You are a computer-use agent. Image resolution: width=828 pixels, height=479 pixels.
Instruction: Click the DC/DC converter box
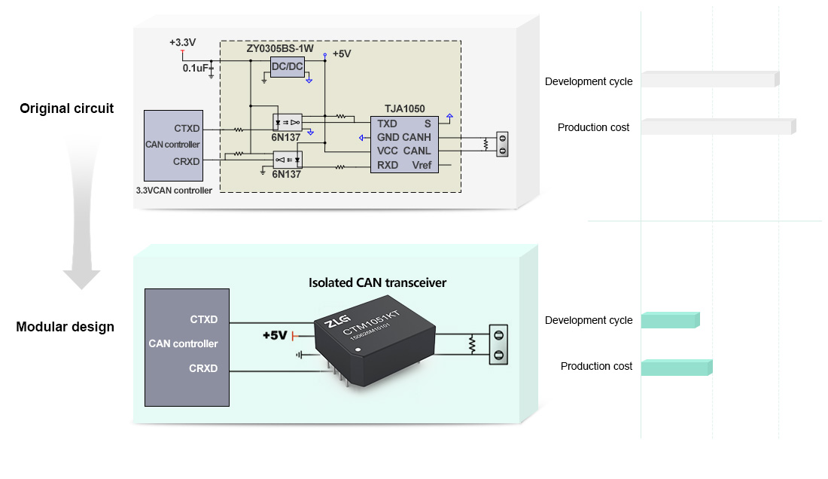pyautogui.click(x=287, y=66)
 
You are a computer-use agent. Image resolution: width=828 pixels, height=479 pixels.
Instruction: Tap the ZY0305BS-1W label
pyautogui.click(x=281, y=49)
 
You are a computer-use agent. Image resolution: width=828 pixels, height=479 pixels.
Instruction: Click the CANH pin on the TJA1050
pyautogui.click(x=416, y=137)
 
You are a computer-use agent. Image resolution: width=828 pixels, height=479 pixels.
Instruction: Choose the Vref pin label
pyautogui.click(x=422, y=165)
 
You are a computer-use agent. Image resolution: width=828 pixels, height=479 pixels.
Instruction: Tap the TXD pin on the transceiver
pyautogui.click(x=387, y=124)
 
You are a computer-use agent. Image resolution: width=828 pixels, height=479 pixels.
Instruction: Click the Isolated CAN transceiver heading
pyautogui.click(x=377, y=283)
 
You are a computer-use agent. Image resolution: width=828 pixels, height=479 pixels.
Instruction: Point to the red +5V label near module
pyautogui.click(x=274, y=335)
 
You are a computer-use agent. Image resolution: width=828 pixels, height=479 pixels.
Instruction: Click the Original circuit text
pyautogui.click(x=66, y=108)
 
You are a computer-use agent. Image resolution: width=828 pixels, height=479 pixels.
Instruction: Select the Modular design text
pyautogui.click(x=65, y=327)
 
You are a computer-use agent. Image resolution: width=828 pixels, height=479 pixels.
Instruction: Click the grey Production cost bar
pyautogui.click(x=718, y=127)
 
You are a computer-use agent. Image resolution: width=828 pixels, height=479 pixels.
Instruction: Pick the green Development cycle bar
pyautogui.click(x=670, y=320)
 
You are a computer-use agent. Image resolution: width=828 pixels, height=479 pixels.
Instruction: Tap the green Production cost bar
pyautogui.click(x=676, y=368)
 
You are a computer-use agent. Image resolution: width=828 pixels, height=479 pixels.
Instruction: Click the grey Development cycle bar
pyautogui.click(x=709, y=79)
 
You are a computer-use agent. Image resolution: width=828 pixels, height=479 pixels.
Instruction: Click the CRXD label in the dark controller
pyautogui.click(x=203, y=368)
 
